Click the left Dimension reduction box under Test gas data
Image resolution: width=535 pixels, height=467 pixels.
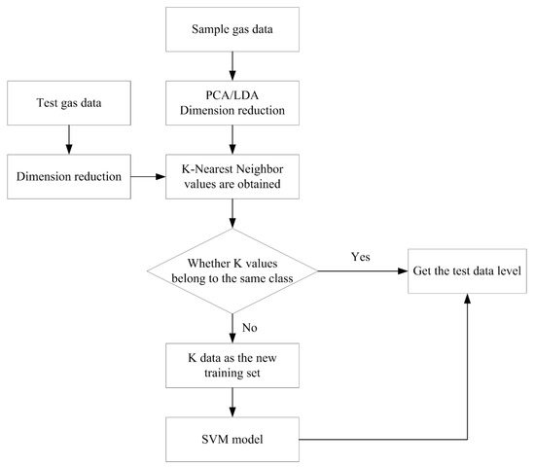pyautogui.click(x=68, y=178)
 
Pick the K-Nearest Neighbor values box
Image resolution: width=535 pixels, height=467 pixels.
pyautogui.click(x=234, y=178)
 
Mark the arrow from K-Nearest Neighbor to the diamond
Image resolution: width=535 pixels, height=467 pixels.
pyautogui.click(x=234, y=214)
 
